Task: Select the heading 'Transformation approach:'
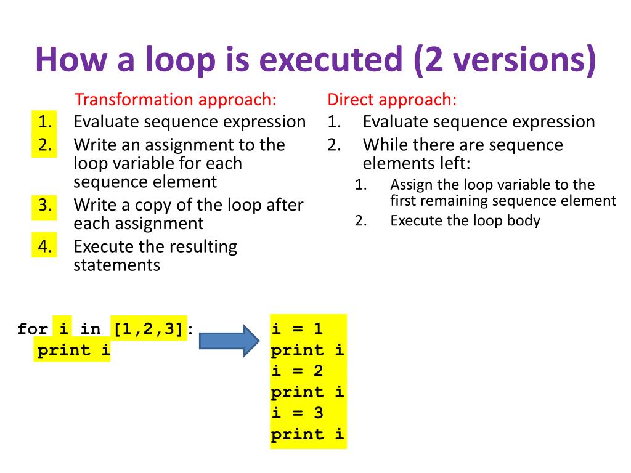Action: pos(176,100)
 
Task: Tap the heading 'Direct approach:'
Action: pos(392,100)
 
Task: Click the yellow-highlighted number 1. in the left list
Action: pos(44,121)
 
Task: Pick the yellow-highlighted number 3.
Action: pos(44,204)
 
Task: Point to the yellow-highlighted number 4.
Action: pos(44,246)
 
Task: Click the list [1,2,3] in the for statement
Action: pos(149,329)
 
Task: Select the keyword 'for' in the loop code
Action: pos(33,329)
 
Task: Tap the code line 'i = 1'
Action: pos(297,329)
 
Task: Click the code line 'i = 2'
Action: pos(297,371)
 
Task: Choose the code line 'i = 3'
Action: pos(297,413)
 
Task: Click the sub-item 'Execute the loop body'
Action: pos(465,220)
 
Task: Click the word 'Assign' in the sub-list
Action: pos(409,185)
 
